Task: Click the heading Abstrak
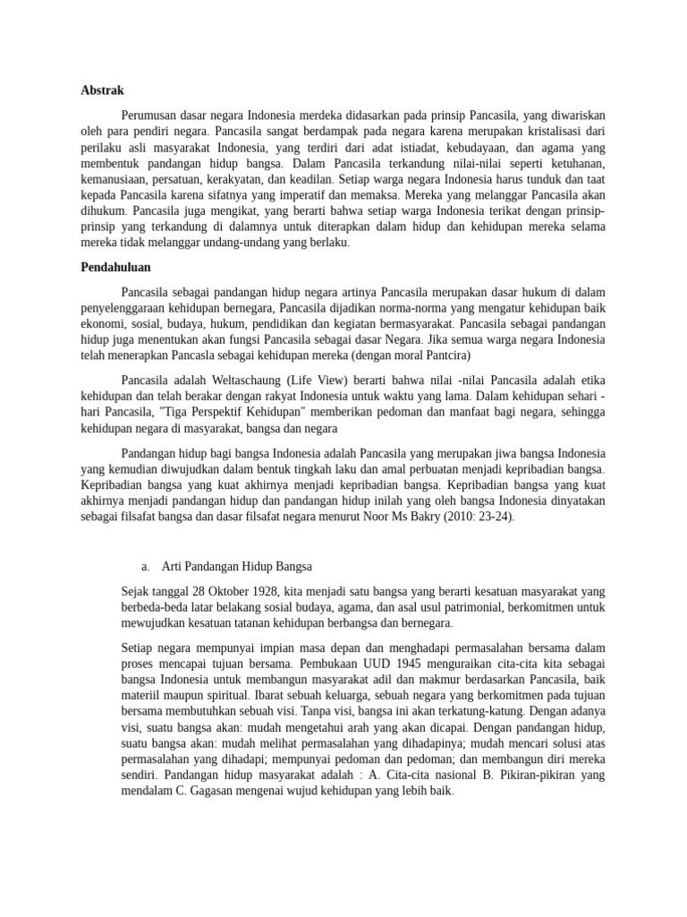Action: point(102,90)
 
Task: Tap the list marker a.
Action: point(145,567)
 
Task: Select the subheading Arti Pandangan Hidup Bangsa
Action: point(236,567)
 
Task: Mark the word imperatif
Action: point(305,194)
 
